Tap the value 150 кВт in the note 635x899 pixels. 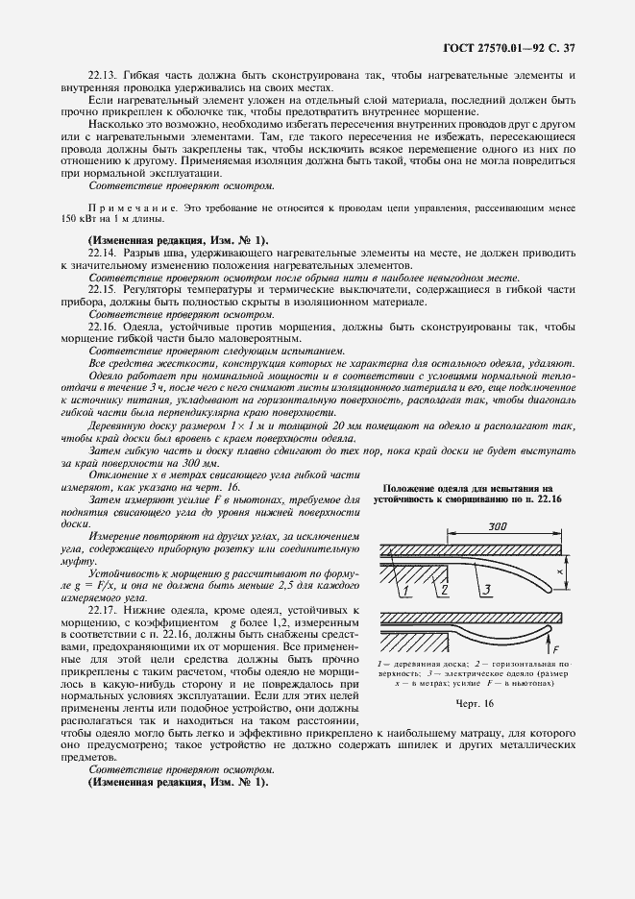[74, 246]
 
